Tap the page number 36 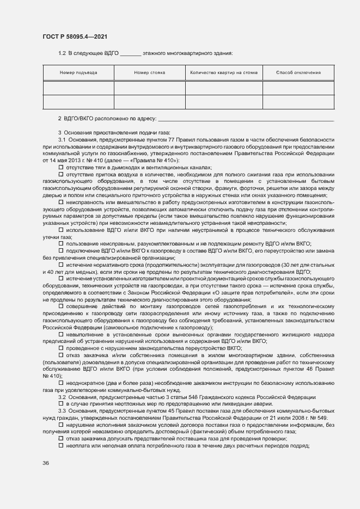(46, 463)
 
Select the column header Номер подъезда (78, 72)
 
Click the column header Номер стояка (149, 72)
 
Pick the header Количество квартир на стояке (224, 72)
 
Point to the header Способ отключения (298, 72)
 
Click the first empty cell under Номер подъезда (78, 88)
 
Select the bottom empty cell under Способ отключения (298, 102)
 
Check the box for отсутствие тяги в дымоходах (61, 168)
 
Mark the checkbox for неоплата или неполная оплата (61, 446)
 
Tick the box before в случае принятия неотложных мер (61, 404)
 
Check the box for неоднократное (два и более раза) (61, 383)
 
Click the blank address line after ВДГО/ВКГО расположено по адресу (245, 119)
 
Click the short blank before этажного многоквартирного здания (130, 54)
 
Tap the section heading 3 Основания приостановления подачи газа (114, 133)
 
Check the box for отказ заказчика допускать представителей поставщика (61, 439)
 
